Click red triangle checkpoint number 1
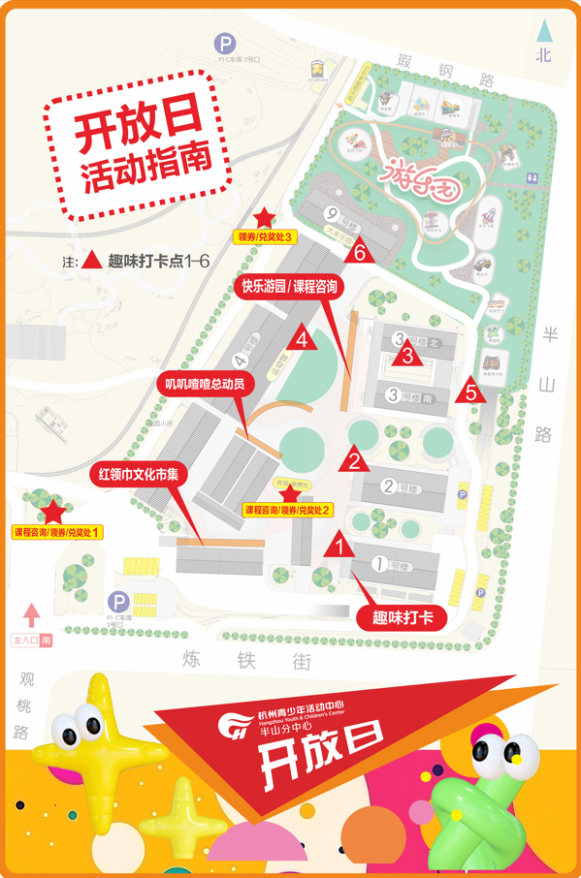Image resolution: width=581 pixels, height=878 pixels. pos(339,546)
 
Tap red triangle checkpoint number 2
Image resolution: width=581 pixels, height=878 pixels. pos(354,460)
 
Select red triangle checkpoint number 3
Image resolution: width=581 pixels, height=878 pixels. pos(408,356)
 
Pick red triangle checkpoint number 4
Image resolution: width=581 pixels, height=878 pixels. pos(303,339)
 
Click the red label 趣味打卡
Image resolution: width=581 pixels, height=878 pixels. pos(403,616)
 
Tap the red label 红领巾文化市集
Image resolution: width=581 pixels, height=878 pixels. pos(140,475)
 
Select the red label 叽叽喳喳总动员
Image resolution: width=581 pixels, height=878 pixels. pos(204,384)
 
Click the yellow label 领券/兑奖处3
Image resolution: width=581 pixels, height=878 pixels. pos(265,235)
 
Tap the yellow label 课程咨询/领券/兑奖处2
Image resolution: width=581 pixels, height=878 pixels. pos(288,510)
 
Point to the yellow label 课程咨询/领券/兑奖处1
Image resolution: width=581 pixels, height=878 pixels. pos(57,532)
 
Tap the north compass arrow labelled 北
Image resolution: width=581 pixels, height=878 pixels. pos(543,44)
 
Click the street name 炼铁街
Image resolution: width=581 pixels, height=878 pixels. pos(247,660)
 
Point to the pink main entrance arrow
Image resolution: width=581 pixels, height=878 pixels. pos(32,615)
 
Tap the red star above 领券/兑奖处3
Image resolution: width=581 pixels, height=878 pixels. pos(264,218)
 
